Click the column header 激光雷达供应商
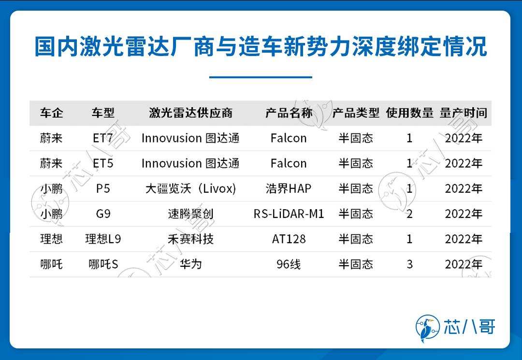[191, 113]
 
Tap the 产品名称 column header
[289, 113]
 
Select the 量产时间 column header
[463, 113]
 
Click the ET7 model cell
[103, 138]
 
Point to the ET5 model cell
[103, 163]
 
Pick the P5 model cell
[103, 188]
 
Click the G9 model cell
[103, 214]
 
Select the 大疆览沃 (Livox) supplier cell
[191, 188]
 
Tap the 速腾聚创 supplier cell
[191, 214]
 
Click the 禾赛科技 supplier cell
[191, 239]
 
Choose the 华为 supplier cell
[191, 264]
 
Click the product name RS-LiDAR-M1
[289, 214]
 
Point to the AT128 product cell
[289, 239]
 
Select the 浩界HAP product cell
[289, 188]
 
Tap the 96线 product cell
[289, 264]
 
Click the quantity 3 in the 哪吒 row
[409, 264]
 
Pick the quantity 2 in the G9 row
[409, 214]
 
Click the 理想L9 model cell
[103, 239]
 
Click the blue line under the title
[261, 77]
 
